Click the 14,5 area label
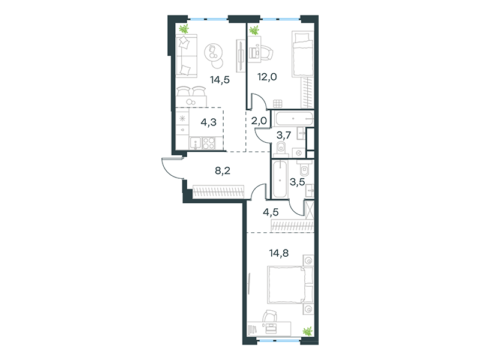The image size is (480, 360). [220, 80]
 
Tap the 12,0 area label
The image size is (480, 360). [267, 77]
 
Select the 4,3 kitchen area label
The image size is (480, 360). [208, 122]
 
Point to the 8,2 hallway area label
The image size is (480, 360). [223, 170]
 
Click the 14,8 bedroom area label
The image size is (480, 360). [279, 253]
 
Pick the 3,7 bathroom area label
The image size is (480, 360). [283, 134]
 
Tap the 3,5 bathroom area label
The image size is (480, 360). [297, 182]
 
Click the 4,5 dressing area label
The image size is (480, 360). [271, 212]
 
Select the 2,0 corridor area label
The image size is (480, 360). [259, 121]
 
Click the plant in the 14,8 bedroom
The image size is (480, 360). [307, 331]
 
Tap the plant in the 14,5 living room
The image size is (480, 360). [184, 29]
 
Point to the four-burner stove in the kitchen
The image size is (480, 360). [209, 143]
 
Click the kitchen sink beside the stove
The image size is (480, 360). [196, 143]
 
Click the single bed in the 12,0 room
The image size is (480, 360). [303, 53]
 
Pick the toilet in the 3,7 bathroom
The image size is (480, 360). [281, 148]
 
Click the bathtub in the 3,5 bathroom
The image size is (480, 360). [280, 179]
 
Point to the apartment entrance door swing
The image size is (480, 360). [172, 168]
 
